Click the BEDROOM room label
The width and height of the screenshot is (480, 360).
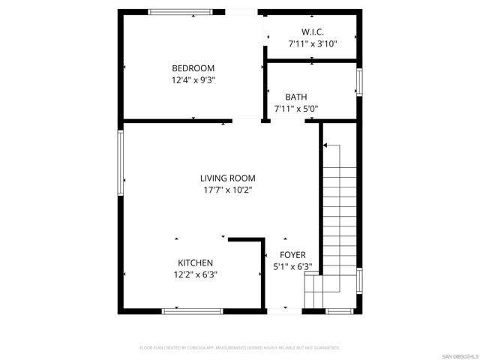193,67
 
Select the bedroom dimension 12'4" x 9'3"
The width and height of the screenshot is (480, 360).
193,79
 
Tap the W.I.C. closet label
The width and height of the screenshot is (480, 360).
312,32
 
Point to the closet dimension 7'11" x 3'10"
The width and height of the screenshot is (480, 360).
312,44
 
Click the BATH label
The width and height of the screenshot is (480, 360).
295,97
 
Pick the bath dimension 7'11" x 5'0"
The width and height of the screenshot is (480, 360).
295,109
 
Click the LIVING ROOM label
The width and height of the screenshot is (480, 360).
227,178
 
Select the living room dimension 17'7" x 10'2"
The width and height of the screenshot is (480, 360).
227,190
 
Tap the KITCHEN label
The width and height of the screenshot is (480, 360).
195,262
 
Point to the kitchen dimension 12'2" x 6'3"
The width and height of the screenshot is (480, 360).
195,274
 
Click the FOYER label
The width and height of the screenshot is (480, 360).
292,255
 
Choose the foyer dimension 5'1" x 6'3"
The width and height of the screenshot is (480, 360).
292,267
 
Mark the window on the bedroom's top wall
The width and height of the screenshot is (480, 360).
180,11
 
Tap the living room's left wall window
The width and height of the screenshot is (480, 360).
120,163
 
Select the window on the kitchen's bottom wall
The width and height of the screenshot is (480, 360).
192,310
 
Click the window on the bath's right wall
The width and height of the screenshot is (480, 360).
359,82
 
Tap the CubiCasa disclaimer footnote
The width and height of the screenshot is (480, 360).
240,348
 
